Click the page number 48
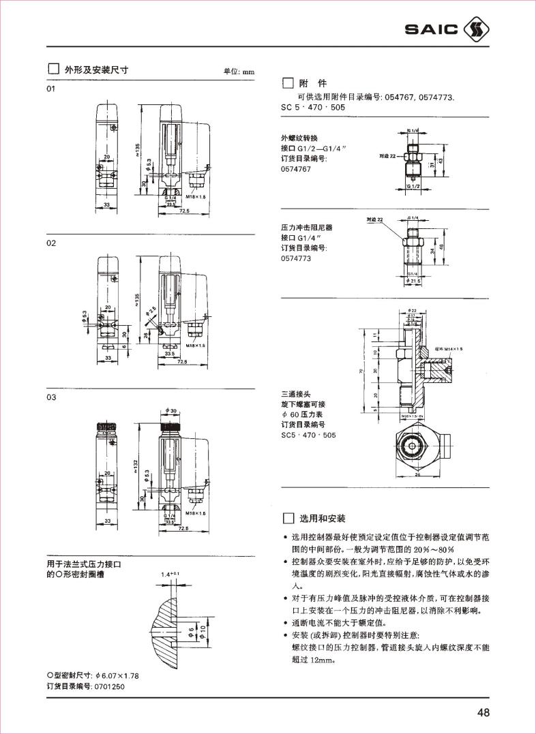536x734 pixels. click(483, 713)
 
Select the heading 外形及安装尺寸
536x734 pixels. click(96, 70)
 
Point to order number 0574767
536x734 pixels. click(296, 169)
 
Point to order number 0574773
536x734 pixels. click(296, 258)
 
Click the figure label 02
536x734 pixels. click(50, 243)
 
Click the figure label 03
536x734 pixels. click(50, 398)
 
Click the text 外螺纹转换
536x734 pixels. click(299, 137)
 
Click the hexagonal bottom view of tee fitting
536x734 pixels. click(413, 448)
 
